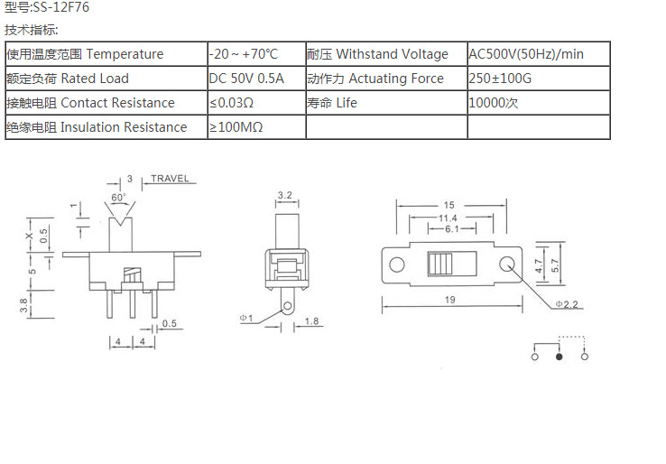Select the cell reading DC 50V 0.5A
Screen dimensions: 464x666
[246, 79]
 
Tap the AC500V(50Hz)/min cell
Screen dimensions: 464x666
[526, 54]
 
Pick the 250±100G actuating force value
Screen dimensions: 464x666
[501, 79]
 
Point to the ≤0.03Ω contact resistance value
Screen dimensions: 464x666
[231, 103]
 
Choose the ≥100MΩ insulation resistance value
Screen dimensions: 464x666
[236, 127]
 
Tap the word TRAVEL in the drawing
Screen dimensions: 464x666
[170, 179]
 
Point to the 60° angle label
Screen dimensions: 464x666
[119, 196]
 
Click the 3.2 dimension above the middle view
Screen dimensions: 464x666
[284, 195]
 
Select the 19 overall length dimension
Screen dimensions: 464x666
[449, 299]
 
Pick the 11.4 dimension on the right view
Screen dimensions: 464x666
[448, 218]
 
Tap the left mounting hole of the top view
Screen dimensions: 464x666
[396, 264]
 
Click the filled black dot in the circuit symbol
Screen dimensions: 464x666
[560, 357]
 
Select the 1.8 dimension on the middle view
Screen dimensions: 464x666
[309, 321]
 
